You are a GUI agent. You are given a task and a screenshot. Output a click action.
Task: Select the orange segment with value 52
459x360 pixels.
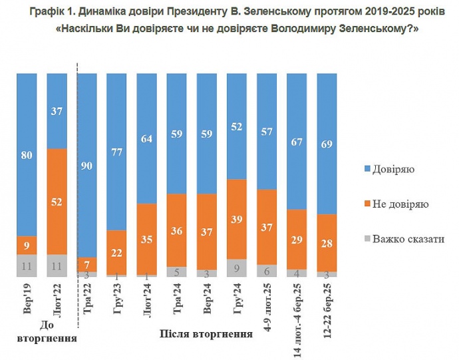pos(57,202)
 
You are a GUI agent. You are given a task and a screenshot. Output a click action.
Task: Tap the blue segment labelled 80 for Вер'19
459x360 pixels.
pos(27,154)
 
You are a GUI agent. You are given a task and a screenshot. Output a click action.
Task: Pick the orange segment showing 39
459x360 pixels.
pos(237,219)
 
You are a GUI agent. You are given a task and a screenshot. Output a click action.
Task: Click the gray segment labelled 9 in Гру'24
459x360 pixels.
pos(237,268)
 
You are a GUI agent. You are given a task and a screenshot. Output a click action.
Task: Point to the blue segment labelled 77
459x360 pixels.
pos(117,151)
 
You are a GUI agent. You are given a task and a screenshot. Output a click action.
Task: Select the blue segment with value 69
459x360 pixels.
pos(327,143)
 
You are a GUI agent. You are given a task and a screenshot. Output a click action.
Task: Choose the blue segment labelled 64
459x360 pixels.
pos(147,138)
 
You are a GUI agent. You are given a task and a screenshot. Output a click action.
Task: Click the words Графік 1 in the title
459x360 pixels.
pos(52,11)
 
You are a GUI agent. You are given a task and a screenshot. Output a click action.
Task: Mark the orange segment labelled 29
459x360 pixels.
pos(297,240)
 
